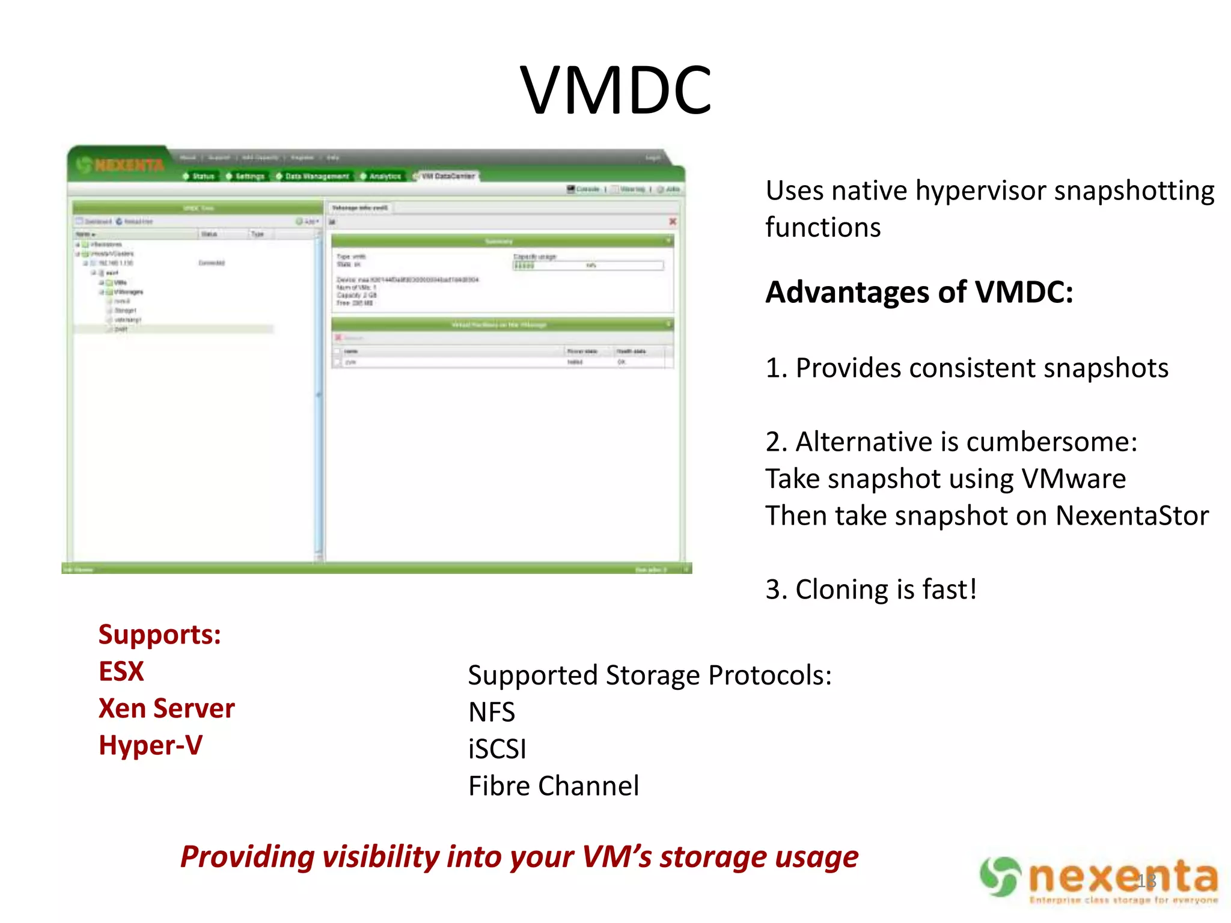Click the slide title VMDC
(x=615, y=90)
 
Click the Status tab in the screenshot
(x=200, y=176)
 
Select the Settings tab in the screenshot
(x=246, y=176)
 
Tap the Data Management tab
(x=313, y=176)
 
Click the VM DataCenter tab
(x=445, y=176)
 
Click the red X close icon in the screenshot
(x=673, y=222)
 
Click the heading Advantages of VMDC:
(x=919, y=293)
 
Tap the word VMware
(x=1074, y=479)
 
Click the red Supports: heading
(x=160, y=635)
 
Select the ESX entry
(x=121, y=671)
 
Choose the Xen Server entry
(x=166, y=708)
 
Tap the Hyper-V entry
(x=151, y=746)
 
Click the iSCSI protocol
(x=497, y=749)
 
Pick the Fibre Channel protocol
(x=554, y=786)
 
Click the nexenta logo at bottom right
(x=1099, y=879)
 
